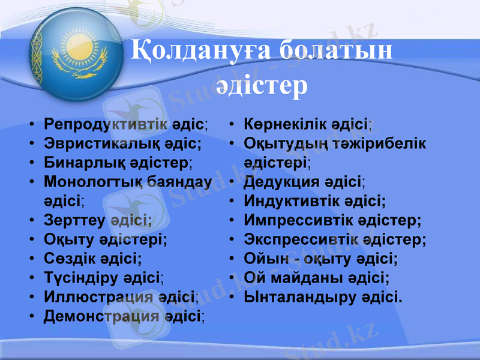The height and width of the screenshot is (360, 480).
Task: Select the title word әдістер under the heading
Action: pyautogui.click(x=261, y=85)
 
